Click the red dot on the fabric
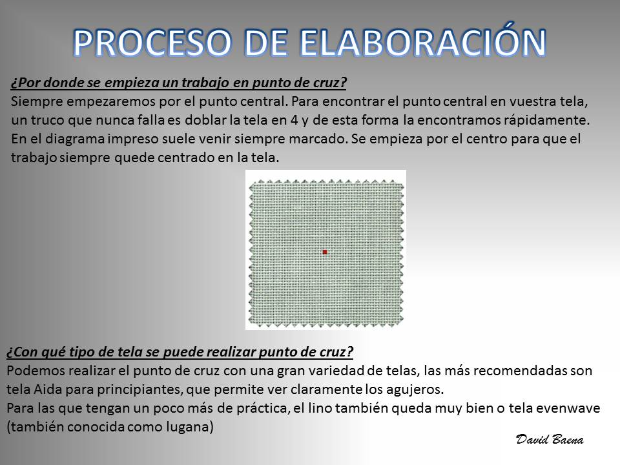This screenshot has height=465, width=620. pyautogui.click(x=325, y=252)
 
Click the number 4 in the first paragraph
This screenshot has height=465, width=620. pyautogui.click(x=294, y=120)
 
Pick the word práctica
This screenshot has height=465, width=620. pyautogui.click(x=263, y=408)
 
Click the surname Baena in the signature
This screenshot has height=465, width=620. pyautogui.click(x=568, y=439)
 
